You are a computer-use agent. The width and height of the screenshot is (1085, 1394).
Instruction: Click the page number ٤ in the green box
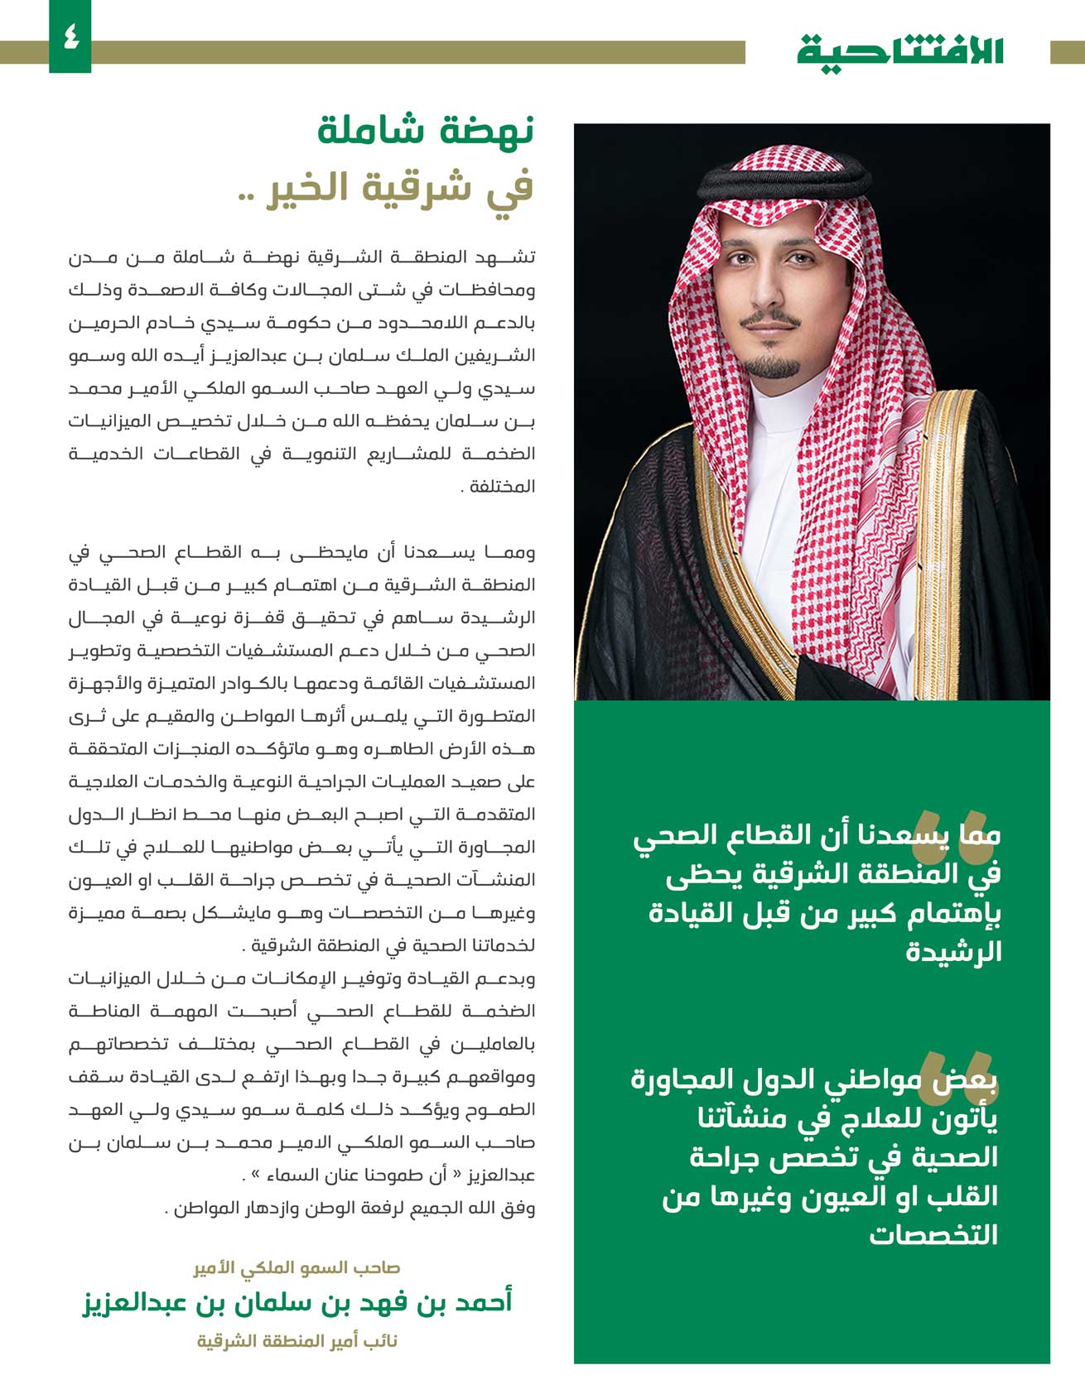click(70, 37)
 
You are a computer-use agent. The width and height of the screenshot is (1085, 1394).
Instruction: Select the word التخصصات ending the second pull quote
click(933, 1234)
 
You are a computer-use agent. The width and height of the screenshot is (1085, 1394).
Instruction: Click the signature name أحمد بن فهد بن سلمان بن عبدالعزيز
click(297, 1302)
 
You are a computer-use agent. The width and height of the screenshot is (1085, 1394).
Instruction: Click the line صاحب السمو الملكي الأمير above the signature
click(297, 1268)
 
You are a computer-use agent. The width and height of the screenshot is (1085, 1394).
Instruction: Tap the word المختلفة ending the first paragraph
click(503, 487)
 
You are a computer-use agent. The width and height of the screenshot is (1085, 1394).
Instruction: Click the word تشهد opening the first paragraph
click(514, 257)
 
